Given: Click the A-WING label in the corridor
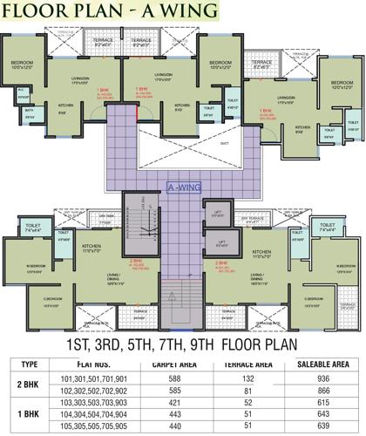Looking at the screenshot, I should pos(183,186).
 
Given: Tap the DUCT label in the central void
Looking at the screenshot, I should pos(200,143).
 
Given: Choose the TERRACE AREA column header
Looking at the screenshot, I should pos(249,364).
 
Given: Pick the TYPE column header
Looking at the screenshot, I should pos(30,364).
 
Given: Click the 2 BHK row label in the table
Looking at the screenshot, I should pos(30,385).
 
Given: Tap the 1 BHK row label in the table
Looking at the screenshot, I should pos(30,416).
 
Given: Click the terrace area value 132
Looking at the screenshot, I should pos(249,379).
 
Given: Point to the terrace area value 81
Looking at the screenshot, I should pos(249,392).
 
